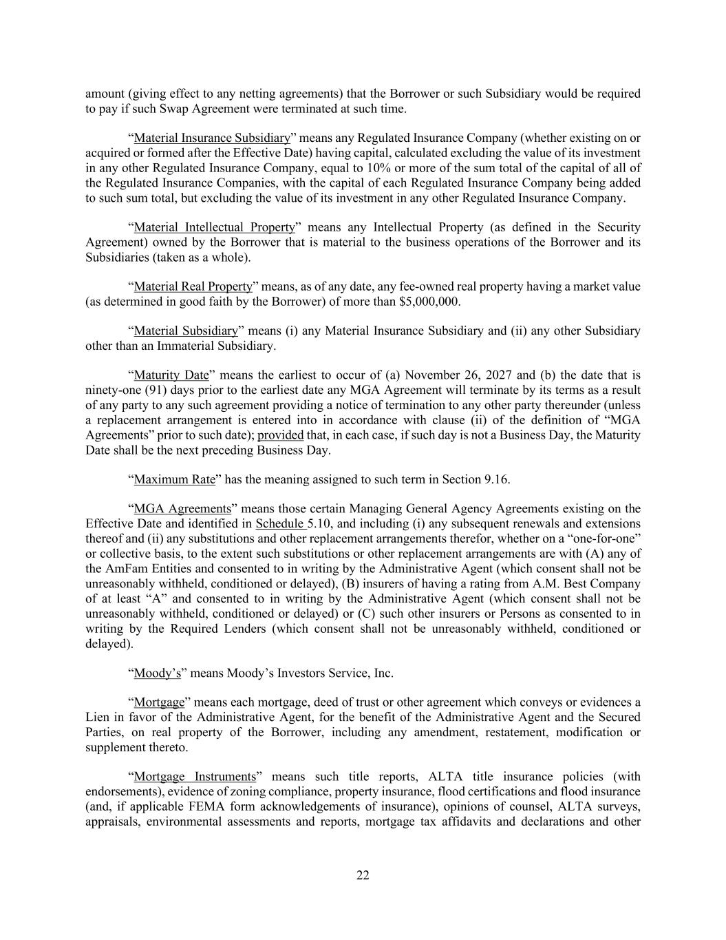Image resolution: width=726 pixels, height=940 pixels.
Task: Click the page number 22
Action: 363,875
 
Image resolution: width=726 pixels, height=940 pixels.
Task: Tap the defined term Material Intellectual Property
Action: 215,227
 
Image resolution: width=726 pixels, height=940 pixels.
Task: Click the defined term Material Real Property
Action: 193,286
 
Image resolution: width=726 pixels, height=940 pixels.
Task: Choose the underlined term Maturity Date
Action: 171,375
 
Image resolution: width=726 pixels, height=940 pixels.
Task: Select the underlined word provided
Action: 280,435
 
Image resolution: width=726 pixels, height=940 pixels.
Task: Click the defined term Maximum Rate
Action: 175,479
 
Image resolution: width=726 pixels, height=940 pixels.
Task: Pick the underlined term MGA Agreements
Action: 182,509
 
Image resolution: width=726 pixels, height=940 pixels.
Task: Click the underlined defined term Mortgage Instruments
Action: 195,777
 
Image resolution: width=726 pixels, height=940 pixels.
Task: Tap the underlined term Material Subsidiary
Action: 186,331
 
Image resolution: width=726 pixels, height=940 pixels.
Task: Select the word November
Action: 434,375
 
